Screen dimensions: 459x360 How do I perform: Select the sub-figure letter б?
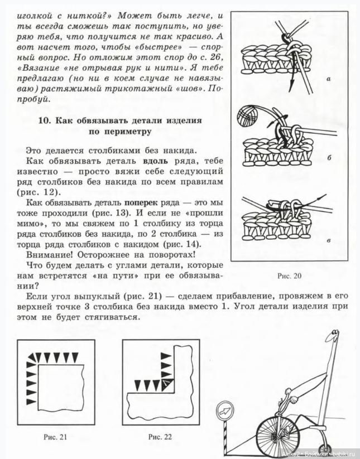329,158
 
